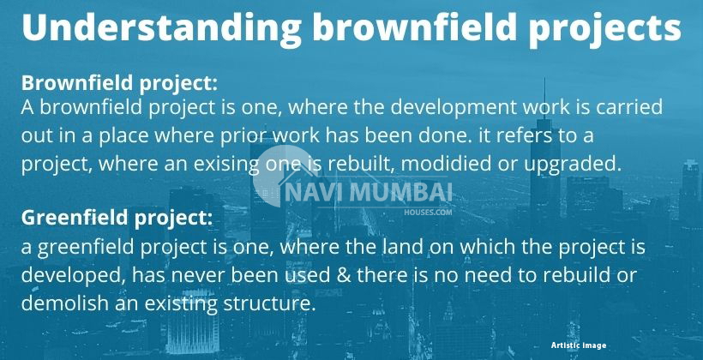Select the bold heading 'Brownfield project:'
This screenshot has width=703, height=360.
[119, 85]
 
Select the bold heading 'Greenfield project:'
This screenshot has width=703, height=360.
[117, 219]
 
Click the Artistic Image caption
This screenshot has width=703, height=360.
[579, 345]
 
